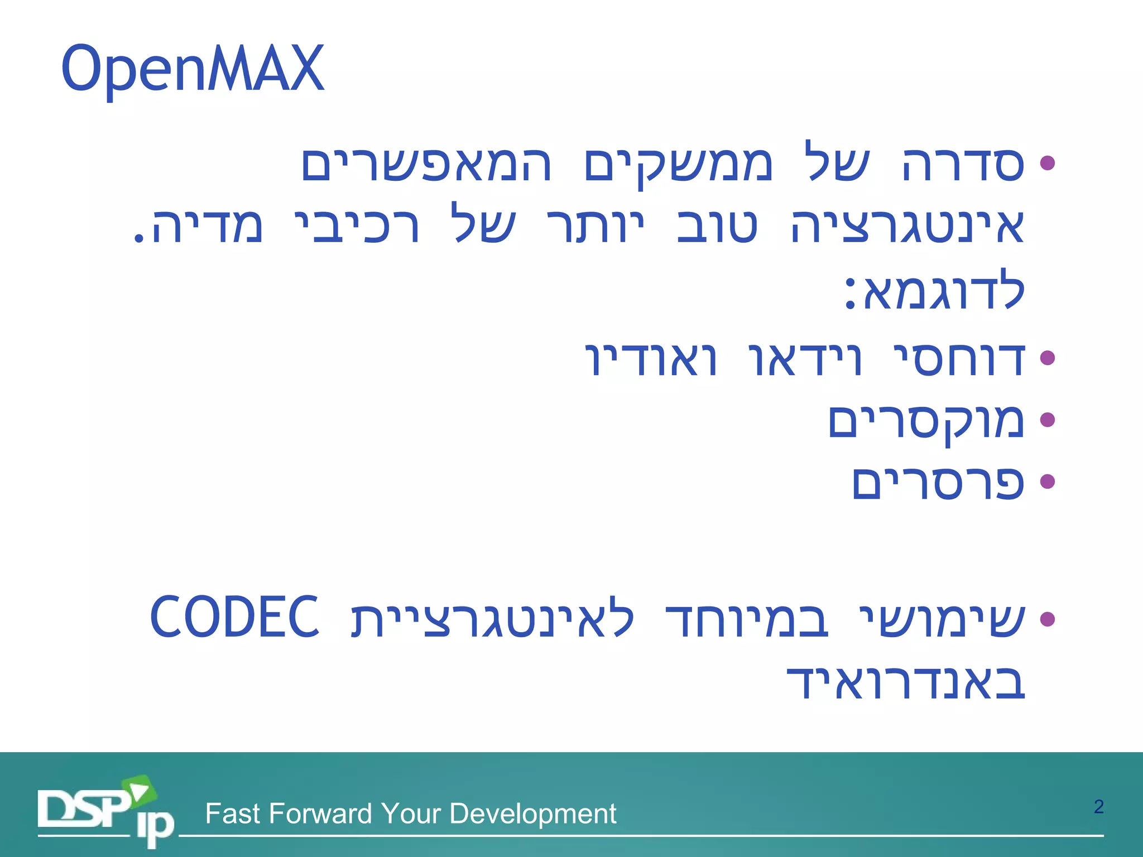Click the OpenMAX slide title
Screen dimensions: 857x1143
point(193,69)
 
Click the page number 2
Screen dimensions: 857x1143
point(1098,807)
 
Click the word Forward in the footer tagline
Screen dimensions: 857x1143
point(320,813)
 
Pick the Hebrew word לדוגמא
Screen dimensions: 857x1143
point(935,290)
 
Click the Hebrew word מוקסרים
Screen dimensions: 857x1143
point(926,422)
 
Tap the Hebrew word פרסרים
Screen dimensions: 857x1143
point(938,483)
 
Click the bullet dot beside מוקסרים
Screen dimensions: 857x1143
point(1048,420)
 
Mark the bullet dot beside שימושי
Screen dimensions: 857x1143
point(1048,618)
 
